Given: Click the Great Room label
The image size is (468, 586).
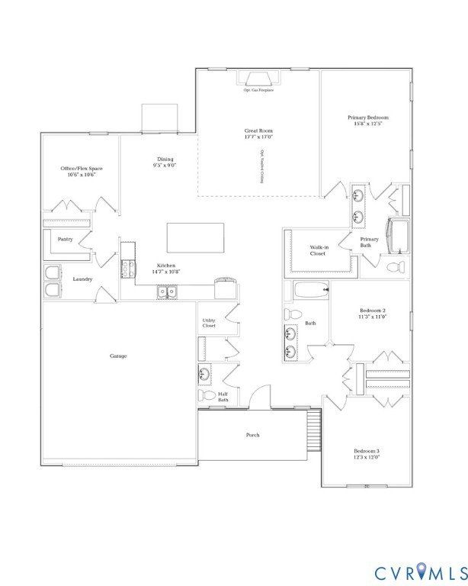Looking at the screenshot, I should [x=258, y=130].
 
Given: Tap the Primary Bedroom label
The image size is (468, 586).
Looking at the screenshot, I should [x=368, y=118].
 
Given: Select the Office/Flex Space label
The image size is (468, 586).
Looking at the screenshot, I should [x=82, y=168].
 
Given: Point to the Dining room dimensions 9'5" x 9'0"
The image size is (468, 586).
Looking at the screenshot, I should [x=165, y=166].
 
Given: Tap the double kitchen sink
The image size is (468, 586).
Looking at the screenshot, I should [x=167, y=291].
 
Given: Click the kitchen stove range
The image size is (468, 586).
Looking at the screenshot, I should [x=127, y=269].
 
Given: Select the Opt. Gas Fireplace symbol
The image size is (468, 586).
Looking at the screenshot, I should [x=258, y=79].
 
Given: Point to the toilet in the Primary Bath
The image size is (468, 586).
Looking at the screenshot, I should [x=395, y=268].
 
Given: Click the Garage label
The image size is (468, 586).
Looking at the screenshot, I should [x=118, y=356].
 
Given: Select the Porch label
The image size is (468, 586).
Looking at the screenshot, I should [x=252, y=435].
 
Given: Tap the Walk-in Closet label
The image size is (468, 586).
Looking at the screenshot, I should [x=319, y=250].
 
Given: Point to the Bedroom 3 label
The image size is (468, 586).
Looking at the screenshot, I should [x=367, y=451].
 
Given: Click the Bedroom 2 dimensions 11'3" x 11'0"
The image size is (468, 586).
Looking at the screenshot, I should [x=373, y=317].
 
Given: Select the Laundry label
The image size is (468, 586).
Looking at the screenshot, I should [x=82, y=279].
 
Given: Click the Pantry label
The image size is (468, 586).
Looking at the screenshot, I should [x=65, y=239].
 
